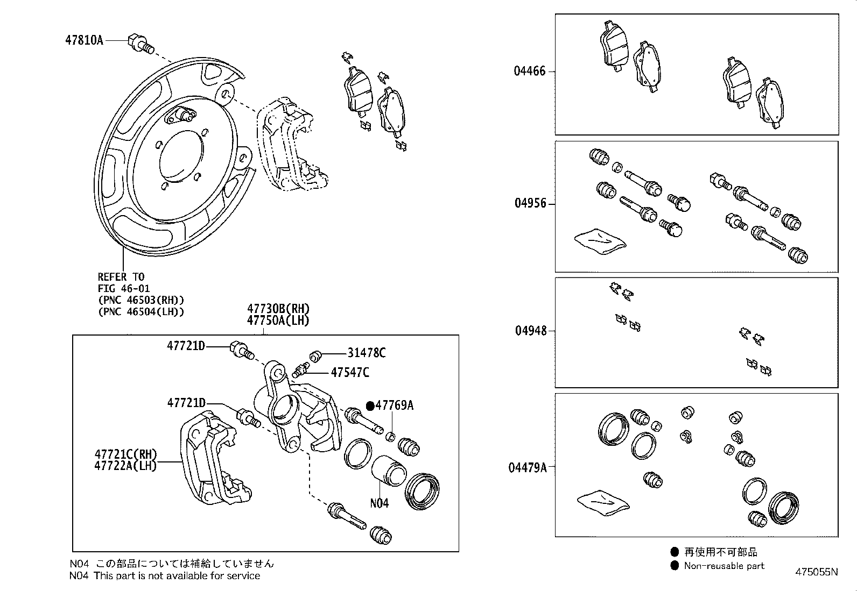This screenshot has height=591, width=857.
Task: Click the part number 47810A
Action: (84, 40)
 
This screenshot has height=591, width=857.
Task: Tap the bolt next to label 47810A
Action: (139, 43)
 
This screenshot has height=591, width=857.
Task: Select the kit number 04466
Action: (529, 71)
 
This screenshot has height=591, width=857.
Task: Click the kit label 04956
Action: (530, 203)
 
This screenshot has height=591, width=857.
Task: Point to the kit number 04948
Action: (530, 330)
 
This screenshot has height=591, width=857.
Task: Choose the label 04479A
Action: (527, 467)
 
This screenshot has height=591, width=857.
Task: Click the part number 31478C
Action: (366, 353)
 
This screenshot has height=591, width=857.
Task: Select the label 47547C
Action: (350, 372)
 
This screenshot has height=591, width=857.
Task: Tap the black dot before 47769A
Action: (370, 405)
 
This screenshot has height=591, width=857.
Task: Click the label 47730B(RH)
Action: (278, 309)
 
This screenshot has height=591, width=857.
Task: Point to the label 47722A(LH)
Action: (125, 466)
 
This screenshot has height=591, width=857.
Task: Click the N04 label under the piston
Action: (379, 503)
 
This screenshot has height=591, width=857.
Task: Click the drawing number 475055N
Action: (816, 572)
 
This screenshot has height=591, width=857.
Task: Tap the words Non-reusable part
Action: (724, 566)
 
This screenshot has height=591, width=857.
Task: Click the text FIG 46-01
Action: (124, 289)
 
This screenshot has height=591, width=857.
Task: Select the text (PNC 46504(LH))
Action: (141, 311)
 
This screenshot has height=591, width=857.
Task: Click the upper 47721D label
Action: (186, 346)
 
